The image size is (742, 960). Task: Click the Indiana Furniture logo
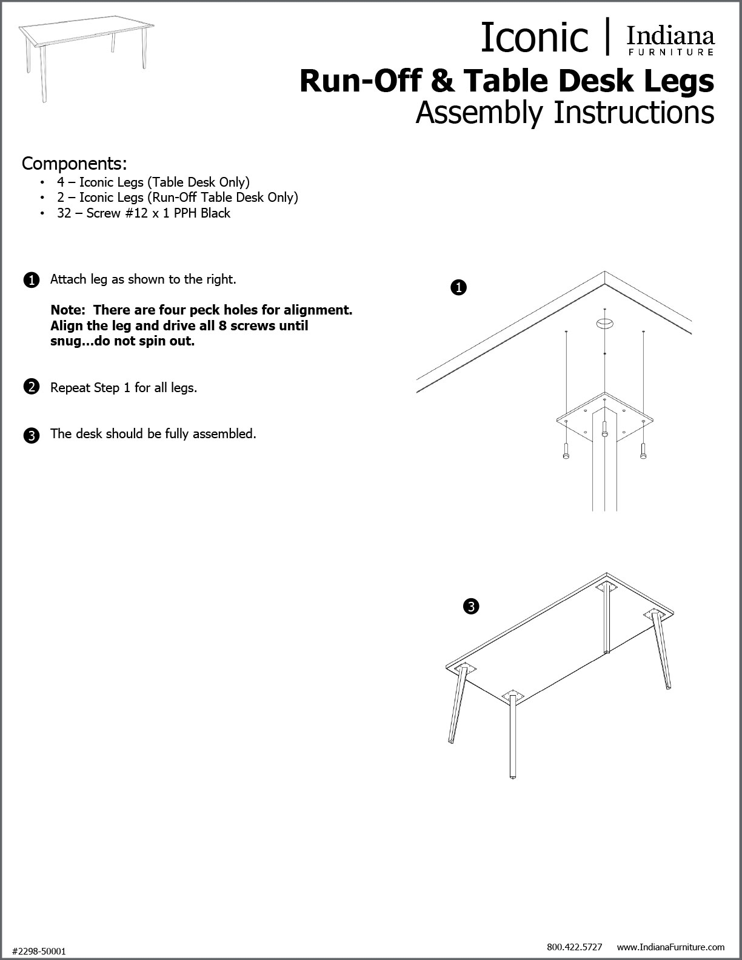(x=670, y=41)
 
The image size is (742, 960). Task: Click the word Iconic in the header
(x=534, y=38)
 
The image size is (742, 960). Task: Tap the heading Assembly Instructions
(x=564, y=113)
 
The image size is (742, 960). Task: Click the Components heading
(x=75, y=164)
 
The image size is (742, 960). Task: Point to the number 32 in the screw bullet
(x=64, y=213)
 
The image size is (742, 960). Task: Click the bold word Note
(x=67, y=310)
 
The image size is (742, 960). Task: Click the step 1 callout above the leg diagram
(x=459, y=288)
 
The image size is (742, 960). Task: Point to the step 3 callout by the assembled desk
(x=471, y=605)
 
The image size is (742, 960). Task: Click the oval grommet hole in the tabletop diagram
(x=604, y=322)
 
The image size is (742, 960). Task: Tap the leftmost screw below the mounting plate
(x=566, y=451)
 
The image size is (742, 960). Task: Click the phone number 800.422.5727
(x=574, y=947)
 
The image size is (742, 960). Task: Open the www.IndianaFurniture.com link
(x=670, y=947)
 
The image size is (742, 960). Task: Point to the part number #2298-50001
(x=39, y=952)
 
